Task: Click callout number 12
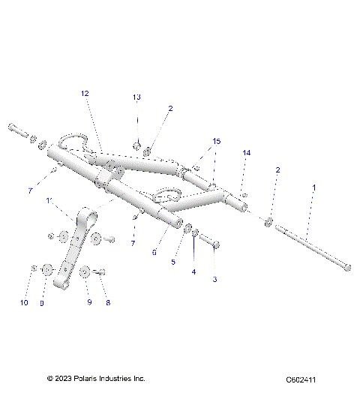click(x=85, y=94)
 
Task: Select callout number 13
click(x=136, y=98)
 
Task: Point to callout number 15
click(x=217, y=141)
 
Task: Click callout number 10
click(x=24, y=303)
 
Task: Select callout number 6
click(x=154, y=252)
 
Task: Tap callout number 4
click(x=193, y=272)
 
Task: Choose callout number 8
click(x=108, y=303)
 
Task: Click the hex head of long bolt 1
click(x=345, y=266)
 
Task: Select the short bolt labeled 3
click(x=211, y=244)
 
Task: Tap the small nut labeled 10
click(x=34, y=268)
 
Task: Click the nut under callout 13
click(x=137, y=145)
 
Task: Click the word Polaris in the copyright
click(x=90, y=379)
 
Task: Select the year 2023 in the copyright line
click(x=65, y=379)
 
